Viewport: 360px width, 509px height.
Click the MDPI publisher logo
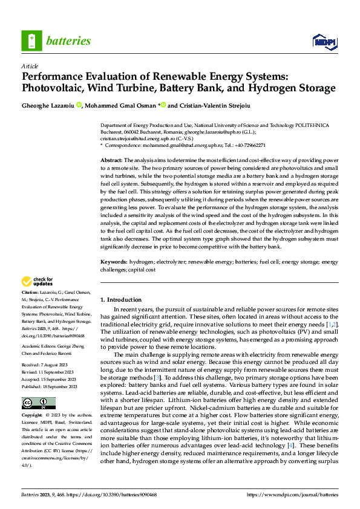323,41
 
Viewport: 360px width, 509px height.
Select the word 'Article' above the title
30,65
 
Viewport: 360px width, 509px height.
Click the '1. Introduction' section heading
120,300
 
